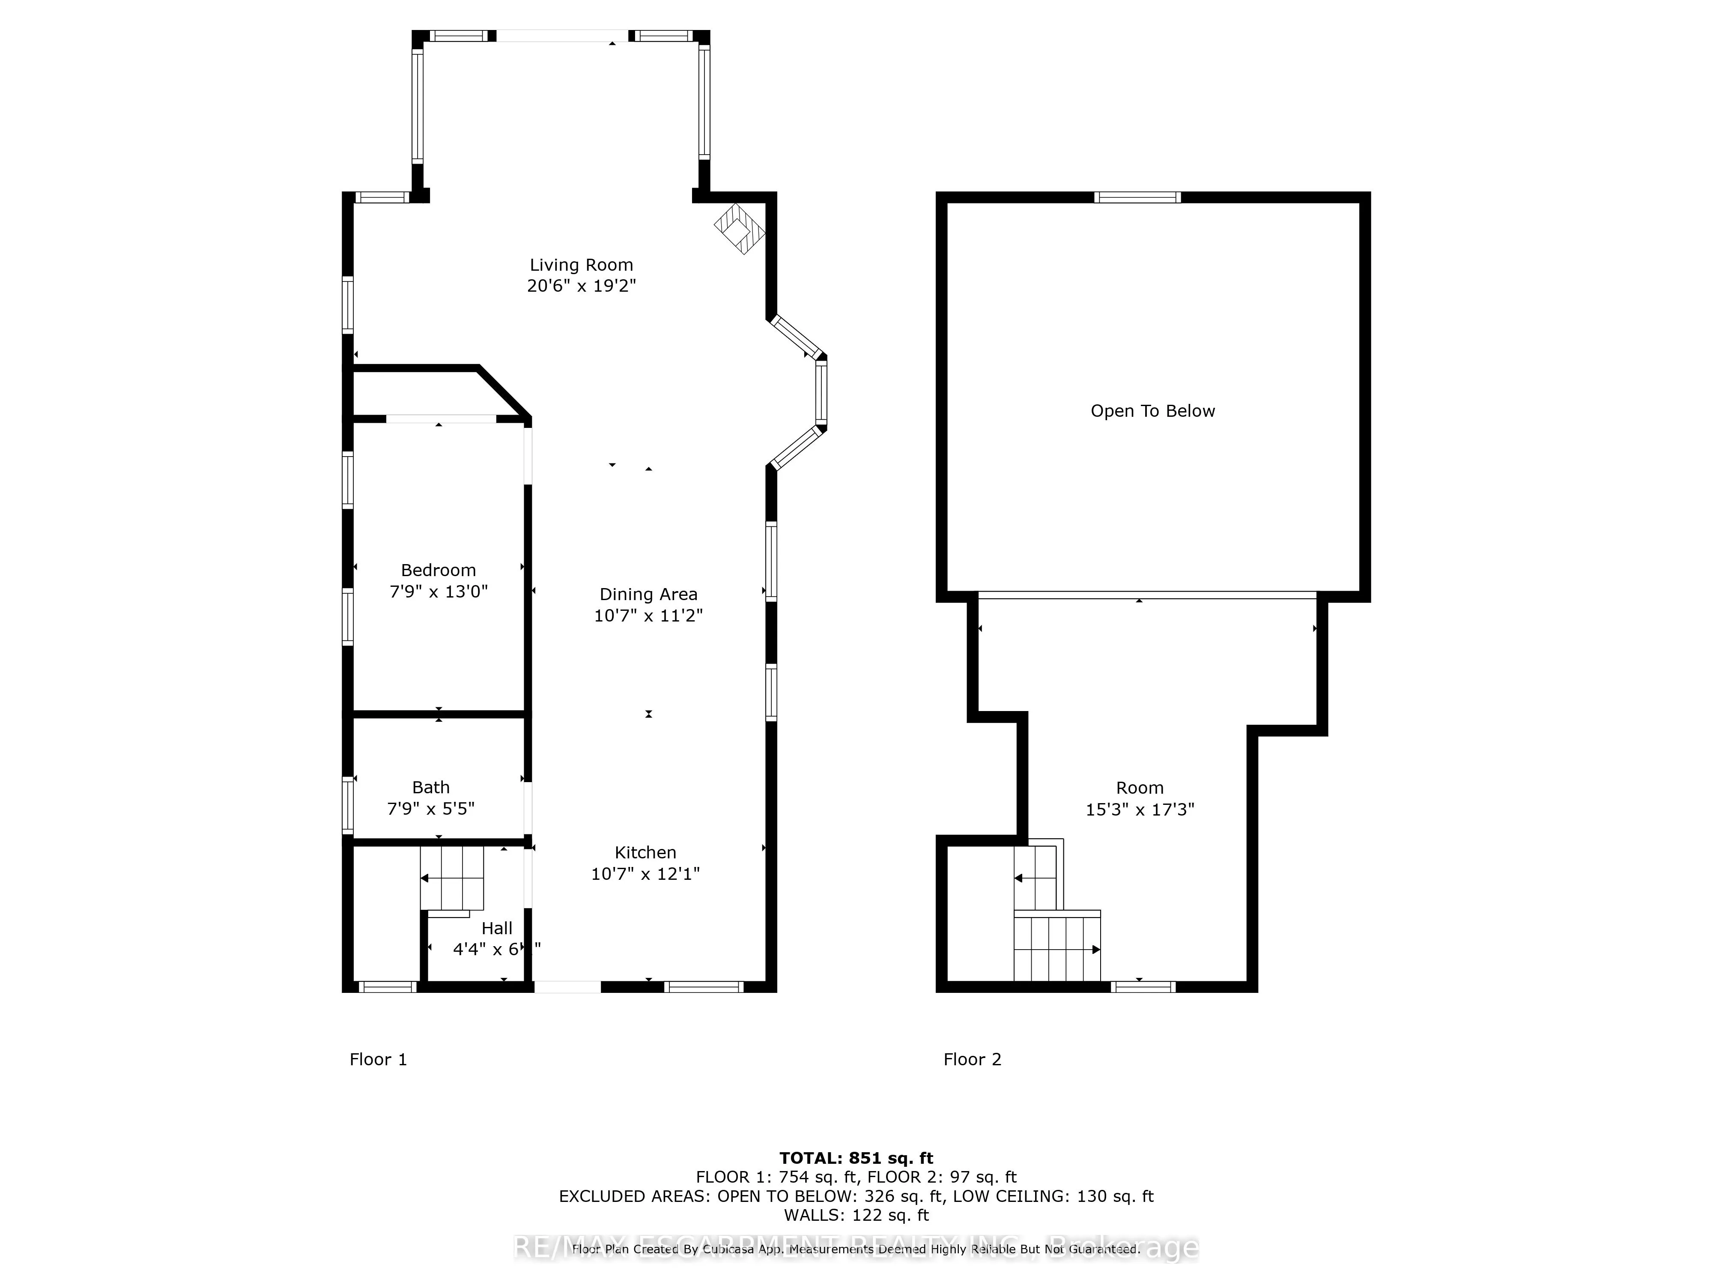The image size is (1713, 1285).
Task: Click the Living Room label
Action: (x=581, y=265)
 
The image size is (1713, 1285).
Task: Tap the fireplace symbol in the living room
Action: (x=739, y=228)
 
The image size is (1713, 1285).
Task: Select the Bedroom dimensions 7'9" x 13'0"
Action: (x=439, y=592)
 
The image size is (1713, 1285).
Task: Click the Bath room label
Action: (x=430, y=787)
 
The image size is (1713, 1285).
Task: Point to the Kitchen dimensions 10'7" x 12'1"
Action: (x=645, y=874)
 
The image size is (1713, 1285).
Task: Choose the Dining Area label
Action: (x=648, y=594)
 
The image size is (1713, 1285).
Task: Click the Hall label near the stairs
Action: (x=496, y=928)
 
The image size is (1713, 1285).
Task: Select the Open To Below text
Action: (x=1152, y=411)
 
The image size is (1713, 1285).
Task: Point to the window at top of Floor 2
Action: (x=1137, y=197)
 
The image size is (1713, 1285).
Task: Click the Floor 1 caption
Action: (x=378, y=1060)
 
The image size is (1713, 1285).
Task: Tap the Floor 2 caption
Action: (x=972, y=1060)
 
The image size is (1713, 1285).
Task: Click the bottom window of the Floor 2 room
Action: (x=1143, y=987)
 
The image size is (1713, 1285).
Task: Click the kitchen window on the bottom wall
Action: (x=703, y=987)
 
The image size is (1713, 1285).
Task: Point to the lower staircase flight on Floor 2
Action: (x=1057, y=949)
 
